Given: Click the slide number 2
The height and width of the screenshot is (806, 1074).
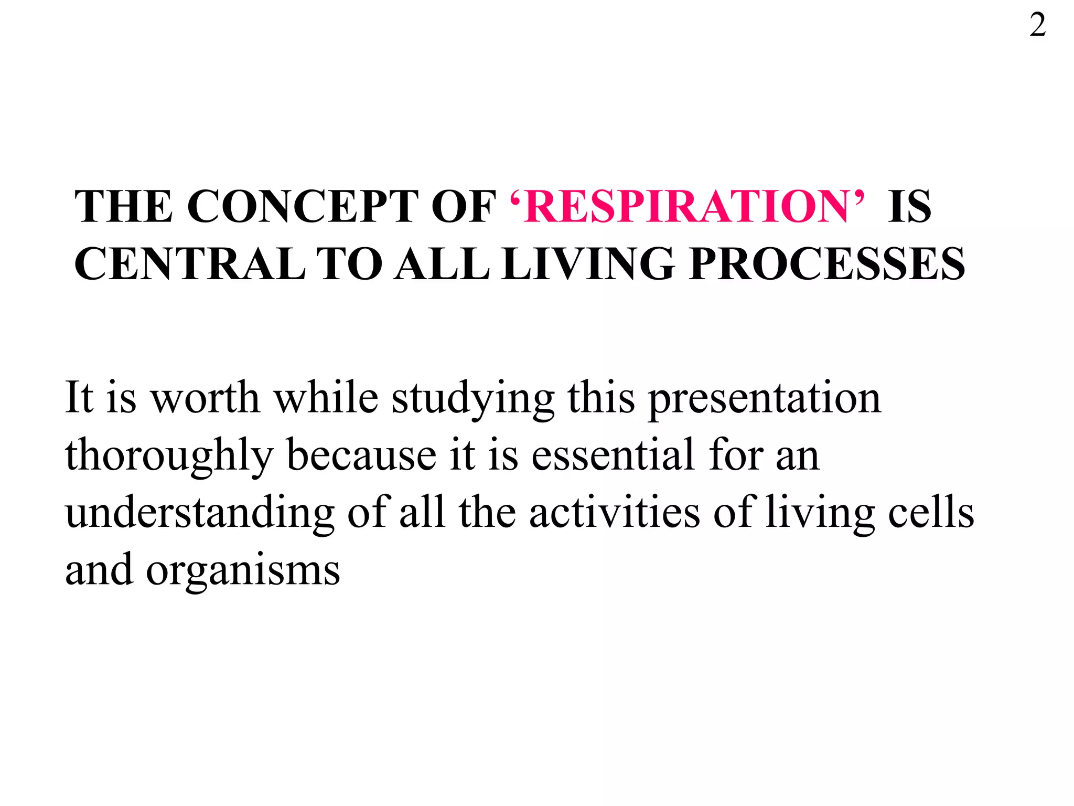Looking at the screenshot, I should point(1037,25).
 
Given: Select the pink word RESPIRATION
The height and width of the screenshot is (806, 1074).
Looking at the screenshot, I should point(686,206).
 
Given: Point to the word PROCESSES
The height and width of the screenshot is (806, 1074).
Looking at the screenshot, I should point(827,264).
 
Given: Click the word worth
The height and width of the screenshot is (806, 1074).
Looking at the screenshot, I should point(205,397).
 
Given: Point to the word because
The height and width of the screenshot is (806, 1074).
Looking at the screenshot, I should point(361,455).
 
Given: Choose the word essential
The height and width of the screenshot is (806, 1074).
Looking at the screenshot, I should point(613,455).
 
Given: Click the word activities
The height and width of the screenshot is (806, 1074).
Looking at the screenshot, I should point(615,512).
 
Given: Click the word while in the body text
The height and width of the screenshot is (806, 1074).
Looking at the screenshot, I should point(326,397).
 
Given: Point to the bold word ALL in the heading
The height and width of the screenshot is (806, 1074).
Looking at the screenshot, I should point(442,264).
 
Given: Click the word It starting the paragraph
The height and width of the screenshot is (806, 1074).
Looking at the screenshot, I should point(79,397).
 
